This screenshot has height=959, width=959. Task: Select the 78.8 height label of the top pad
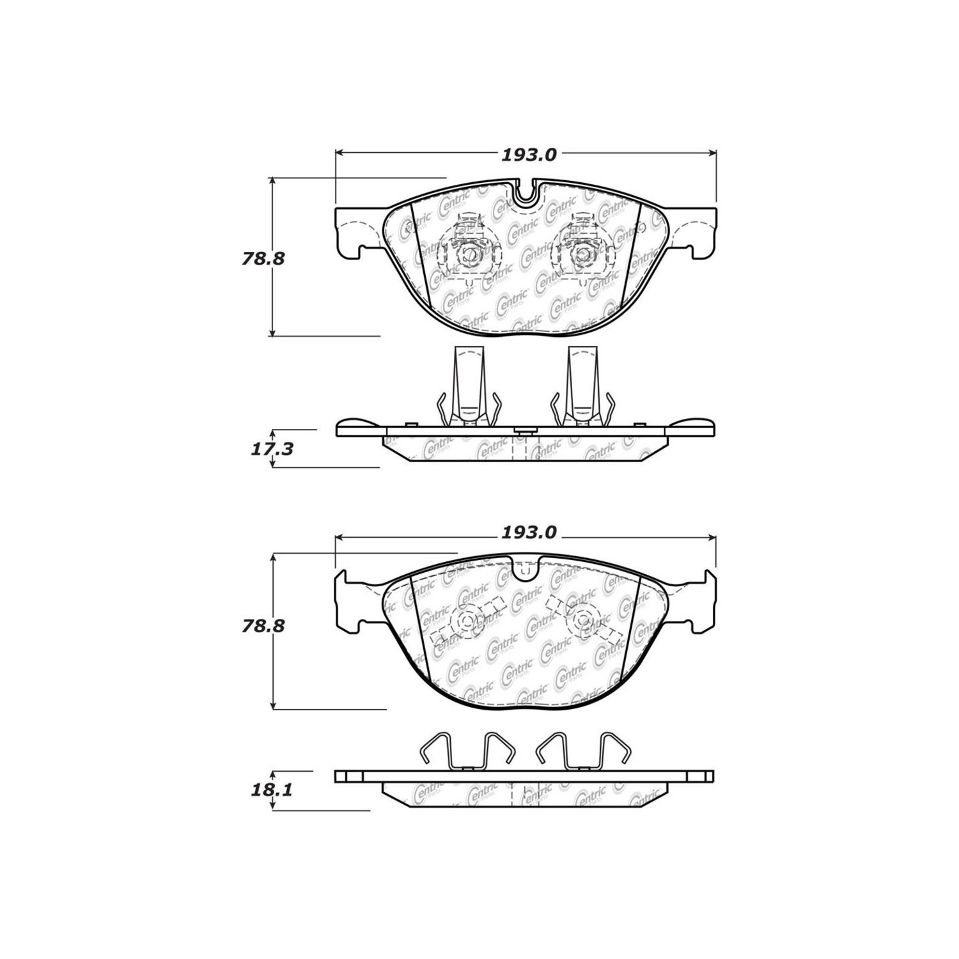pos(263,259)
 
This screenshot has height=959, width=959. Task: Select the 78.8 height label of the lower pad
pos(263,625)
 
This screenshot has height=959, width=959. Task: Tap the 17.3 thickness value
pos(272,449)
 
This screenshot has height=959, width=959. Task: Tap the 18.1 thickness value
pos(272,790)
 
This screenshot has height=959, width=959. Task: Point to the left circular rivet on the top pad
pos(470,254)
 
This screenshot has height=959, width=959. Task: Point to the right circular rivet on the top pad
pos(582,254)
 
